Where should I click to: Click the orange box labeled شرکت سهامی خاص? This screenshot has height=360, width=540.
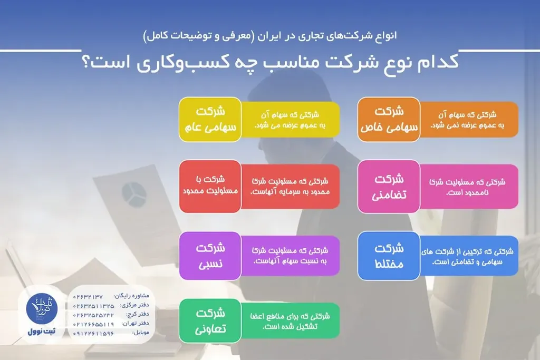[389, 120]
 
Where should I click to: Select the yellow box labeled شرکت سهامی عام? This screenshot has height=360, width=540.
[210, 120]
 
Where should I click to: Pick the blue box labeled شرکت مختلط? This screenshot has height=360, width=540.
[389, 256]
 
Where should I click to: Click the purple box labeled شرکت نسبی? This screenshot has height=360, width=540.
[210, 256]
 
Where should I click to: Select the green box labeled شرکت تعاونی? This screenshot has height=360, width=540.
[210, 320]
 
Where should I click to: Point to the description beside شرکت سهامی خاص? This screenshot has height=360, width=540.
[469, 120]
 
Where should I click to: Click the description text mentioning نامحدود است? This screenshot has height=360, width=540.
[469, 187]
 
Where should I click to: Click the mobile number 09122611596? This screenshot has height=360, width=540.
[93, 334]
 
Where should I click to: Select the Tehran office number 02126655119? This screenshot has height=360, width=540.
[93, 324]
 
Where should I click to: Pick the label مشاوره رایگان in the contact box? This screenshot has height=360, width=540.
[132, 296]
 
